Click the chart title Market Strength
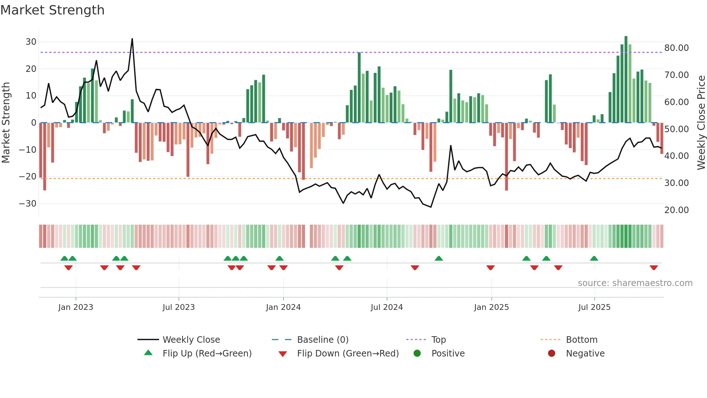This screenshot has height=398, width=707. [52, 10]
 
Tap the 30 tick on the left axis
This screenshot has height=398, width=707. [31, 42]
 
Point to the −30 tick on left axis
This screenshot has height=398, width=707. [28, 204]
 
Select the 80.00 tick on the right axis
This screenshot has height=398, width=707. [676, 48]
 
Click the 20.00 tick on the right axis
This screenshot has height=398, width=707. [676, 210]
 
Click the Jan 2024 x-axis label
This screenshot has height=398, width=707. [283, 307]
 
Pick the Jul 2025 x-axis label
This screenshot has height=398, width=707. [594, 307]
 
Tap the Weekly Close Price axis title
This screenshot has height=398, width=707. [701, 123]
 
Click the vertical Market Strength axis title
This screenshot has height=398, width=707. [6, 123]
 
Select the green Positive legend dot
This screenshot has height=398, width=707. [417, 354]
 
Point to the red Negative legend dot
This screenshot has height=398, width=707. [552, 354]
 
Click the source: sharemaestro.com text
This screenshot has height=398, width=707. [635, 283]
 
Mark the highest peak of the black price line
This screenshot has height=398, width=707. [132, 39]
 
